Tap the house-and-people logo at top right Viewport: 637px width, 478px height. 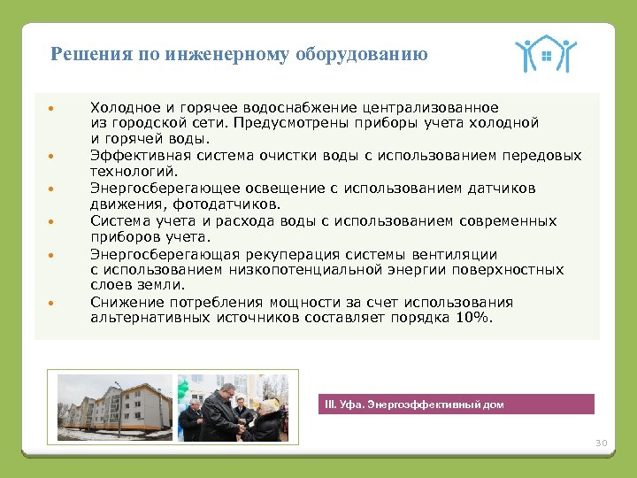pyautogui.click(x=545, y=55)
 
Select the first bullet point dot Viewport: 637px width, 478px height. pyautogui.click(x=52, y=108)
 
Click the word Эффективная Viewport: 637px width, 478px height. pyautogui.click(x=134, y=156)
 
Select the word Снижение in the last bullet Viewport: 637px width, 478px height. pyautogui.click(x=124, y=303)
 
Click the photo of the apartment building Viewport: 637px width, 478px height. pyautogui.click(x=115, y=406)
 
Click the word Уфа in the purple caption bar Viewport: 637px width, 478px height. pyautogui.click(x=349, y=405)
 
